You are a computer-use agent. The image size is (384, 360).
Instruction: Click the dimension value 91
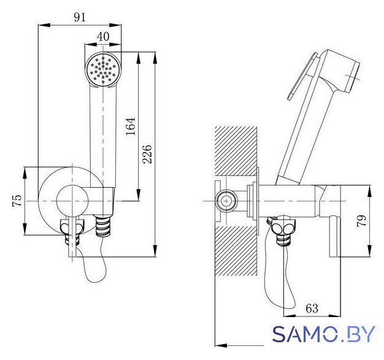pyautogui.click(x=80, y=17)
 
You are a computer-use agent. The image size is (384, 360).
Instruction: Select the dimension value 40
pyautogui.click(x=103, y=37)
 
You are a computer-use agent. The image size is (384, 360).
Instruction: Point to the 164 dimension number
pyautogui.click(x=131, y=126)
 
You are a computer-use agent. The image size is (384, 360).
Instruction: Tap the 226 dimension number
pyautogui.click(x=147, y=155)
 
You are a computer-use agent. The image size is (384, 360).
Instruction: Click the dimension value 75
pyautogui.click(x=17, y=201)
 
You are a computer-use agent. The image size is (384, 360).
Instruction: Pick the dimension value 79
pyautogui.click(x=361, y=221)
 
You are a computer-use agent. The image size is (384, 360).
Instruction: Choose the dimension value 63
pyautogui.click(x=312, y=308)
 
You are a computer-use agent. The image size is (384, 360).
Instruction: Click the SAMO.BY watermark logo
pyautogui.click(x=323, y=334)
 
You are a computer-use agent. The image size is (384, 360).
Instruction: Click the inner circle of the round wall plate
pyautogui.click(x=72, y=201)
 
